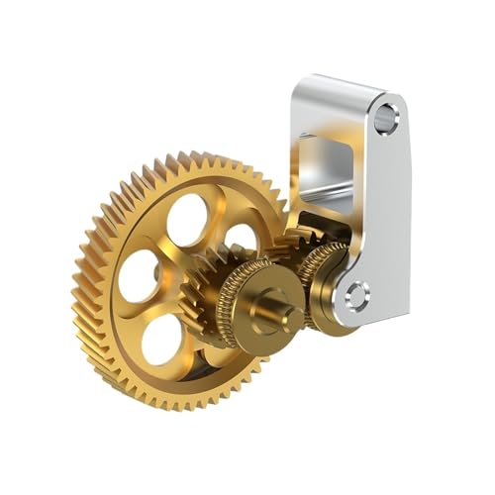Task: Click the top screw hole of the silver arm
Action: pos(387,120)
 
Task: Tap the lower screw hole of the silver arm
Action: pos(356,294)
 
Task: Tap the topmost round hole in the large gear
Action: pos(187,219)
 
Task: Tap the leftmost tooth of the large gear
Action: pos(76,287)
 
